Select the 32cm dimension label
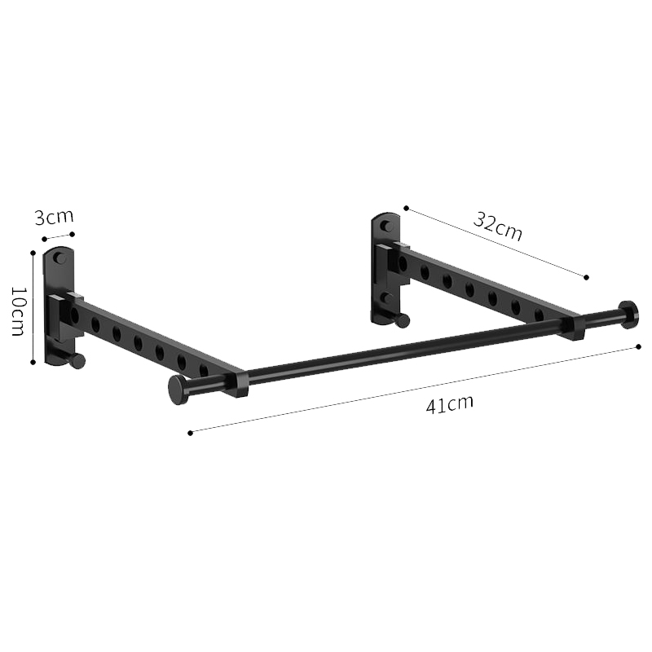point(498,226)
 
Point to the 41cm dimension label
point(449,403)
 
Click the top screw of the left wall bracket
point(59,258)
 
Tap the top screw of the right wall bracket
point(387,225)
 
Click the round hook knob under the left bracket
point(77,361)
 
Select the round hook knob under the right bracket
point(402,321)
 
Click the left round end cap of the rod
point(178,390)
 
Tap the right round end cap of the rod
point(628,314)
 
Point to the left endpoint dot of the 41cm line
point(190,433)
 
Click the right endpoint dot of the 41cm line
point(638,347)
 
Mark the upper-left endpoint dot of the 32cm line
point(406,209)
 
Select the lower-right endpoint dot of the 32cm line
point(585,278)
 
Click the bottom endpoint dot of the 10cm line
point(33,363)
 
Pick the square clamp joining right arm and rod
point(573,327)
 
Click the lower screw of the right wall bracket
point(388,298)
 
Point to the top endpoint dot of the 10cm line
point(33,253)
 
